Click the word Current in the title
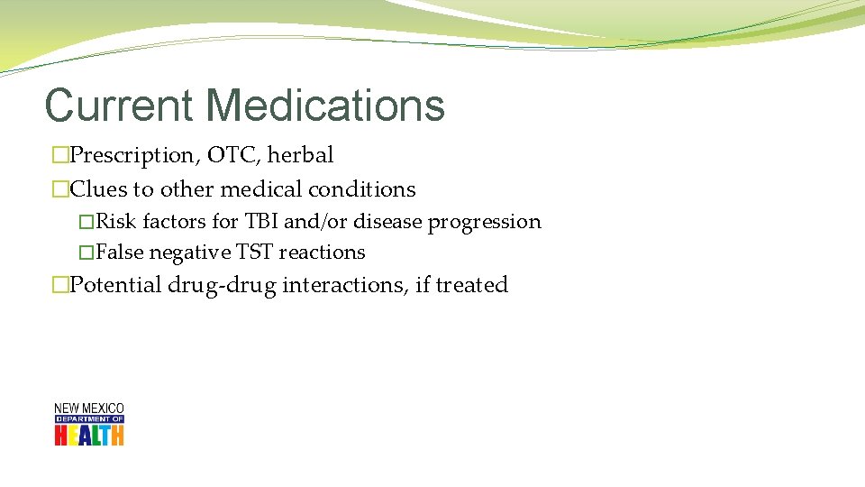[120, 105]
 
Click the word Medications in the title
[325, 105]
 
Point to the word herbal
[301, 155]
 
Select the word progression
[484, 222]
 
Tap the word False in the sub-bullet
[120, 253]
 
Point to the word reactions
[322, 253]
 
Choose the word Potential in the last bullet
[116, 285]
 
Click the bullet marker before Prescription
[60, 156]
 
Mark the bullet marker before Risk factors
[86, 223]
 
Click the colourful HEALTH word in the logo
[89, 435]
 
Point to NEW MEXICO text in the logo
[89, 409]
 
